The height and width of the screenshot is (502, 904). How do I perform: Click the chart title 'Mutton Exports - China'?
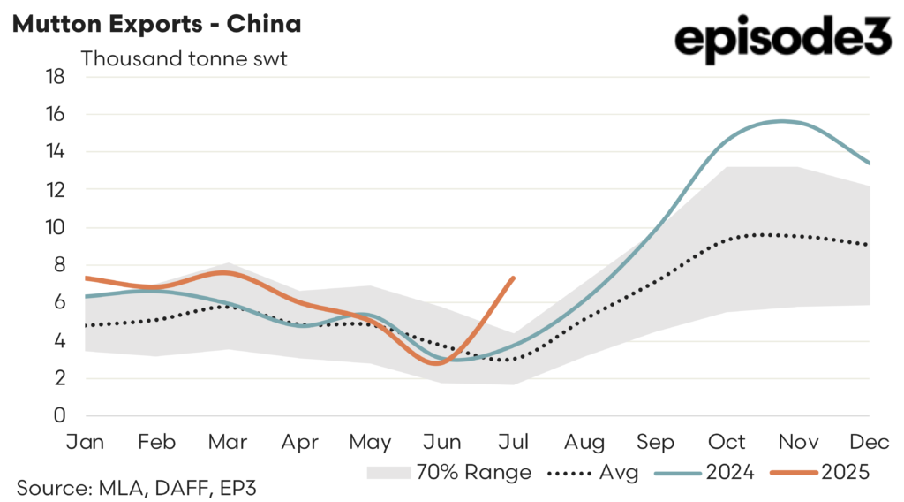156,24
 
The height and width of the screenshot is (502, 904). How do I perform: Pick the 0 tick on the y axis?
60,415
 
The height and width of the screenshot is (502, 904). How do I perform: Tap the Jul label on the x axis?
513,441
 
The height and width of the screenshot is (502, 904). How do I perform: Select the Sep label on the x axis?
656,441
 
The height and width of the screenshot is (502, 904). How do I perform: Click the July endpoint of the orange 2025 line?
513,278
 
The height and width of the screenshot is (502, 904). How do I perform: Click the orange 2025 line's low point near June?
439,363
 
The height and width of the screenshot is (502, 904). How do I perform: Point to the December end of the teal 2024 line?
870,164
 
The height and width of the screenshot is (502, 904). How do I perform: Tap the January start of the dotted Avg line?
85,325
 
